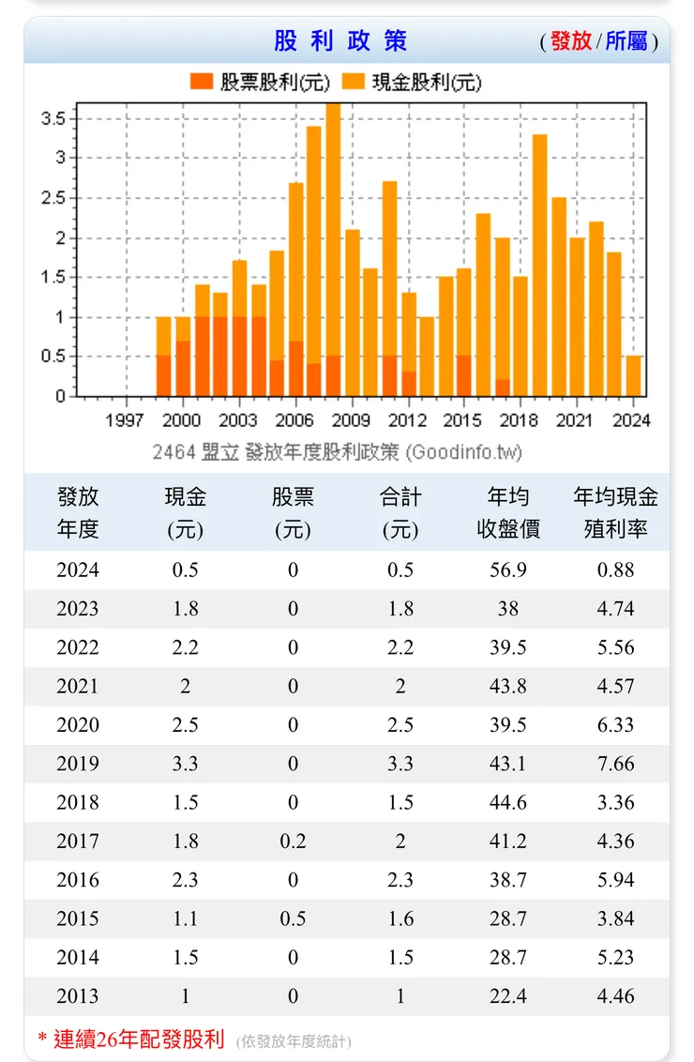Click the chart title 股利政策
pos(340,41)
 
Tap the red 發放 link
pos(570,41)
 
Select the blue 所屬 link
pos(626,41)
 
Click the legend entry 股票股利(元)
pos(260,83)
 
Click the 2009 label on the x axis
pos(351,420)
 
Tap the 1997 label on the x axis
pos(125,420)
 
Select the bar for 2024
pos(634,375)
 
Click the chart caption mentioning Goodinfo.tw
pos(338,452)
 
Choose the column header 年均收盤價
pos(507,512)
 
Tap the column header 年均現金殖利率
pos(615,512)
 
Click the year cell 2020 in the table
pos(77,725)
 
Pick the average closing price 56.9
pos(507,570)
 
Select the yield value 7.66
pos(615,764)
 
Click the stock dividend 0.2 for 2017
pos(293,842)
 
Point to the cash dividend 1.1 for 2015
pos(185,919)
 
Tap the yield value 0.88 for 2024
pos(615,570)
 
